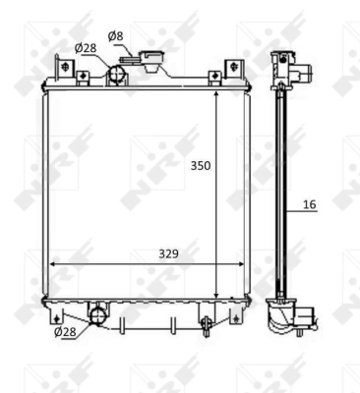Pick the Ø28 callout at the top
tap(86, 48)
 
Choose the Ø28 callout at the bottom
tap(65, 332)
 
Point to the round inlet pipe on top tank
tap(118, 73)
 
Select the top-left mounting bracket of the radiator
tap(67, 70)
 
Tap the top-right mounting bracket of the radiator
tap(233, 70)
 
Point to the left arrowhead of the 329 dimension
tap(52, 263)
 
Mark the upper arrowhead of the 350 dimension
tap(216, 90)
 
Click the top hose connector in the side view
tap(292, 70)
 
